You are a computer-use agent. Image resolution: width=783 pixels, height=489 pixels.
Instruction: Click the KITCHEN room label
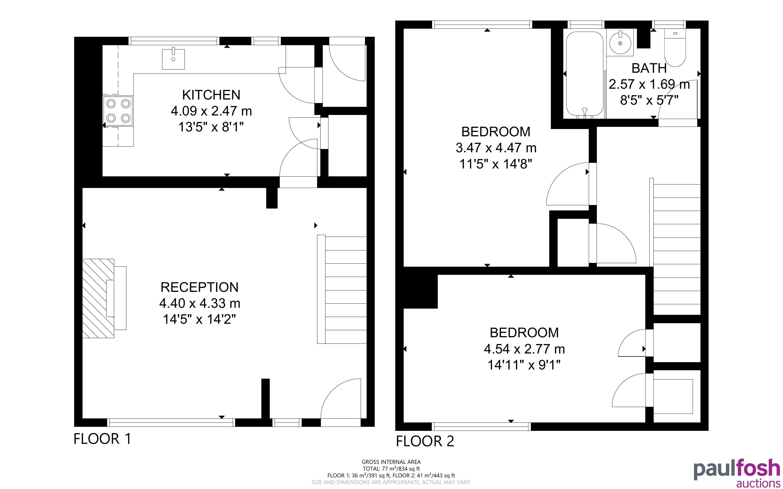pyautogui.click(x=211, y=95)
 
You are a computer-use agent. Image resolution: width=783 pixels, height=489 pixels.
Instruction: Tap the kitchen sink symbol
pyautogui.click(x=173, y=59)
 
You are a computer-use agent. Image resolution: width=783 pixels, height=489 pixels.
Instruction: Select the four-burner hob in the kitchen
pyautogui.click(x=118, y=111)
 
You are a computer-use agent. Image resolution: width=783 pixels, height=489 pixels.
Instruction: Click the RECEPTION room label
pyautogui.click(x=200, y=287)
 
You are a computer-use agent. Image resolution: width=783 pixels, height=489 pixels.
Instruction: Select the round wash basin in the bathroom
pyautogui.click(x=620, y=43)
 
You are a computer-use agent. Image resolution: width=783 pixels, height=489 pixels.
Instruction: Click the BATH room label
pyautogui.click(x=649, y=68)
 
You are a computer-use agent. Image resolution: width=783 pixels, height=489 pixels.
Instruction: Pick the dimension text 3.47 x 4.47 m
pyautogui.click(x=496, y=148)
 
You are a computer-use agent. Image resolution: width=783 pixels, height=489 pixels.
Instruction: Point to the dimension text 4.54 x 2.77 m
pyautogui.click(x=524, y=349)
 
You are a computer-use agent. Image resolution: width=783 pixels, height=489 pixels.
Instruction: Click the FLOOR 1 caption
pyautogui.click(x=103, y=439)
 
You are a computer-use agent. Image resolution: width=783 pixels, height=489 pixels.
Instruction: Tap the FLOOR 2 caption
pyautogui.click(x=425, y=441)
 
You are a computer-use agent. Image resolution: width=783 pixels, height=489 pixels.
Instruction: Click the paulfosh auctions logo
pyautogui.click(x=737, y=473)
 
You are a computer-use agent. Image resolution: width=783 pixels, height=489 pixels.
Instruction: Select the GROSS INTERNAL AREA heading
pyautogui.click(x=391, y=462)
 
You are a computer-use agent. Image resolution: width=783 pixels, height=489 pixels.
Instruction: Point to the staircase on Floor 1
pyautogui.click(x=342, y=289)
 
